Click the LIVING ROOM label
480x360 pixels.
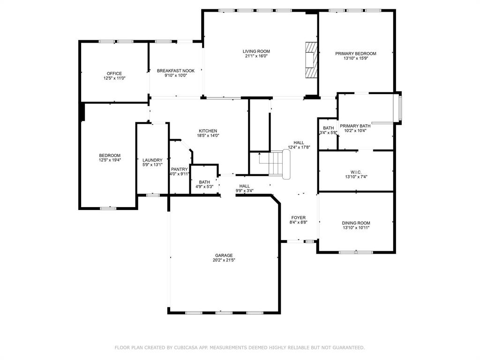[x=256, y=52]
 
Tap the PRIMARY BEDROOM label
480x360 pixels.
[x=355, y=53]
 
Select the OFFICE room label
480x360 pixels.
[x=114, y=74]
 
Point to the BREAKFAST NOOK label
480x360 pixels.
[x=176, y=71]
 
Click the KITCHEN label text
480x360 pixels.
[x=208, y=131]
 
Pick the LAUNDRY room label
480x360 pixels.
[x=152, y=160]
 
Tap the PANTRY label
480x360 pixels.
[x=180, y=169]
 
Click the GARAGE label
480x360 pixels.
[x=224, y=255]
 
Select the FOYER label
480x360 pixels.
[x=298, y=217]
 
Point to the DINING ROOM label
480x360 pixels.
[x=356, y=223]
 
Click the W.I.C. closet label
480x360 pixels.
[x=356, y=172]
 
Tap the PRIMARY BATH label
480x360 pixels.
[x=355, y=126]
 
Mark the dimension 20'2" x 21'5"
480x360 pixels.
[x=224, y=260]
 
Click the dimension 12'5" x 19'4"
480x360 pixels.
[x=110, y=160]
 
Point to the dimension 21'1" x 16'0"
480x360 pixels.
[x=256, y=56]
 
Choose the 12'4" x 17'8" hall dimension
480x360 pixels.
[x=299, y=147]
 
